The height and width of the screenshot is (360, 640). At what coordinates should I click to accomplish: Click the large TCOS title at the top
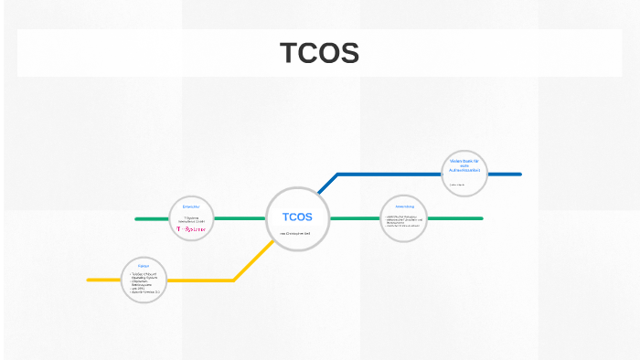tap(319, 54)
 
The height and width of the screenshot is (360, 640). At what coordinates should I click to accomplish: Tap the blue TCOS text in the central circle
tap(297, 217)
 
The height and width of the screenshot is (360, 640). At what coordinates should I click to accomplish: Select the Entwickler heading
tap(191, 207)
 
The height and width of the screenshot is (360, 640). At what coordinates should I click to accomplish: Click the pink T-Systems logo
tap(191, 229)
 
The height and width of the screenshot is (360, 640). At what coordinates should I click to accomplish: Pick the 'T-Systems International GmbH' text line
tap(192, 219)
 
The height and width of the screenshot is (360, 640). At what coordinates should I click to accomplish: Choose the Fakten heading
tap(144, 265)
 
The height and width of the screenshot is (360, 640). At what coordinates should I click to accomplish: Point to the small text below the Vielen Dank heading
tap(457, 185)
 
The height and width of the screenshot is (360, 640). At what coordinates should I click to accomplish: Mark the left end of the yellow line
tap(90, 280)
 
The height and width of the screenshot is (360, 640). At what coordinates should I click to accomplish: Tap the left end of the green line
tap(137, 219)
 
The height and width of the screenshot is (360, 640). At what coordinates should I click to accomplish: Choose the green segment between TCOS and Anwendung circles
tap(354, 218)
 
